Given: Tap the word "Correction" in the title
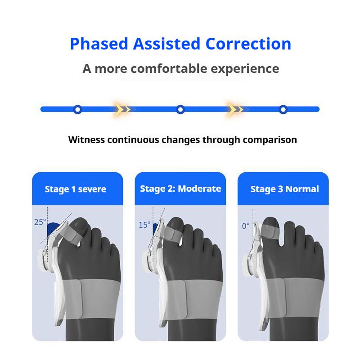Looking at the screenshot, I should pyautogui.click(x=248, y=44).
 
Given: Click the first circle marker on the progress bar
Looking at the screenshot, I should pyautogui.click(x=77, y=109).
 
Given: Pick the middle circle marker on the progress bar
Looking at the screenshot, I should pyautogui.click(x=180, y=109).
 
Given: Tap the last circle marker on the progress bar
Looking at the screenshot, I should pyautogui.click(x=283, y=109).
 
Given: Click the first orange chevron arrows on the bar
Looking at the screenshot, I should pyautogui.click(x=121, y=109).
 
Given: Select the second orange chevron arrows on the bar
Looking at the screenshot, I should pyautogui.click(x=234, y=109).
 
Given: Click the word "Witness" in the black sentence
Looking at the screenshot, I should pyautogui.click(x=86, y=139).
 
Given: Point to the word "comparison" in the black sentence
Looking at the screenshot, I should pyautogui.click(x=270, y=139).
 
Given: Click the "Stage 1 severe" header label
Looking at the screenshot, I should pyautogui.click(x=76, y=189).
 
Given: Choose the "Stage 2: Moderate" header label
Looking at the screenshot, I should pyautogui.click(x=180, y=189).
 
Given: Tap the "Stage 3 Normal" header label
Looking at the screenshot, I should pyautogui.click(x=284, y=189).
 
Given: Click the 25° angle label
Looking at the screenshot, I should pyautogui.click(x=40, y=222).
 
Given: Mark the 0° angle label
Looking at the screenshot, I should pyautogui.click(x=246, y=226).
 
